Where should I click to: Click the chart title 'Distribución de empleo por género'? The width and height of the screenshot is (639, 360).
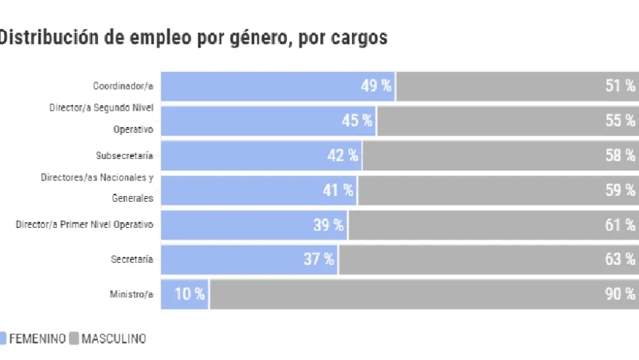[193, 38]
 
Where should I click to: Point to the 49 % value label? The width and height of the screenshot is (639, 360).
[376, 86]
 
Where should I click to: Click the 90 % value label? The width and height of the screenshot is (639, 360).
[620, 294]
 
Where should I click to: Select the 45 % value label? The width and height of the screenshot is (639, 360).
[357, 121]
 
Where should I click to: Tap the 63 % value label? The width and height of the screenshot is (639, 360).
[620, 259]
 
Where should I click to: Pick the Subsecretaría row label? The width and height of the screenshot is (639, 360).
[124, 156]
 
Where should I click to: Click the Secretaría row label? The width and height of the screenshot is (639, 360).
[131, 260]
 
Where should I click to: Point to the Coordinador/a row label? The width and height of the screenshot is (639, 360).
[123, 87]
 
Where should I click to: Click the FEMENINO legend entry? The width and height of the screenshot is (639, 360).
[37, 339]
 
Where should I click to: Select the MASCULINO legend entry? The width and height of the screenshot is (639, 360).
[114, 339]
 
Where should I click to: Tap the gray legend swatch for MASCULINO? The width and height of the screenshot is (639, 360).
[74, 339]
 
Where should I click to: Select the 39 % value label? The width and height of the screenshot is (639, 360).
[329, 225]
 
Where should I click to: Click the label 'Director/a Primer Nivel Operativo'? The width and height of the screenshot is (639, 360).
[84, 225]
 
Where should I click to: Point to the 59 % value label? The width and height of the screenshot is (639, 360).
[620, 190]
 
